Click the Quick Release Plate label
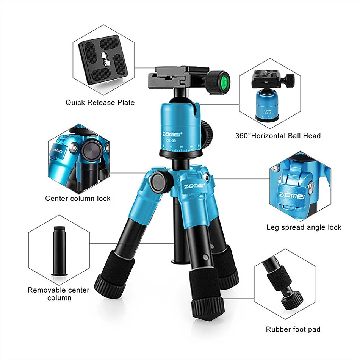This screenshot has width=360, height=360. (100, 102)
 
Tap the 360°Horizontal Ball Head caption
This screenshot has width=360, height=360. (278, 136)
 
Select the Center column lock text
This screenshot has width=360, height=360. (78, 199)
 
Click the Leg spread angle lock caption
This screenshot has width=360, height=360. (304, 227)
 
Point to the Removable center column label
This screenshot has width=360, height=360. (59, 294)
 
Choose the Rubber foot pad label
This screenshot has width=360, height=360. (293, 329)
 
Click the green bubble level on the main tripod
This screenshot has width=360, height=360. (224, 80)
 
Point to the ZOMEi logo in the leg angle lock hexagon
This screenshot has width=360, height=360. (294, 195)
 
